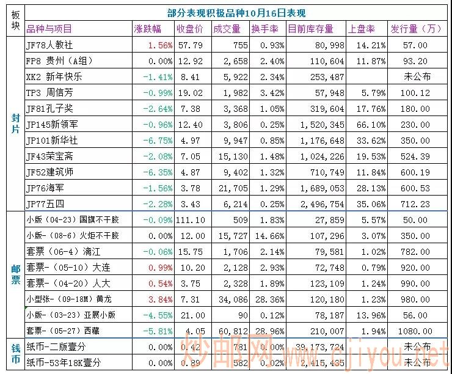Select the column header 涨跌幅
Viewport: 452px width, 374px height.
coord(147,29)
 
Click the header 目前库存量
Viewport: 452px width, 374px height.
coord(310,29)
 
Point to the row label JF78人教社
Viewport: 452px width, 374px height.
coord(49,45)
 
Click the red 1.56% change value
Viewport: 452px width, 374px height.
coord(160,45)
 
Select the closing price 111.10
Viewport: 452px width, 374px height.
coord(189,220)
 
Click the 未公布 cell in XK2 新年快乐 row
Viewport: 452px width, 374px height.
coord(417,77)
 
